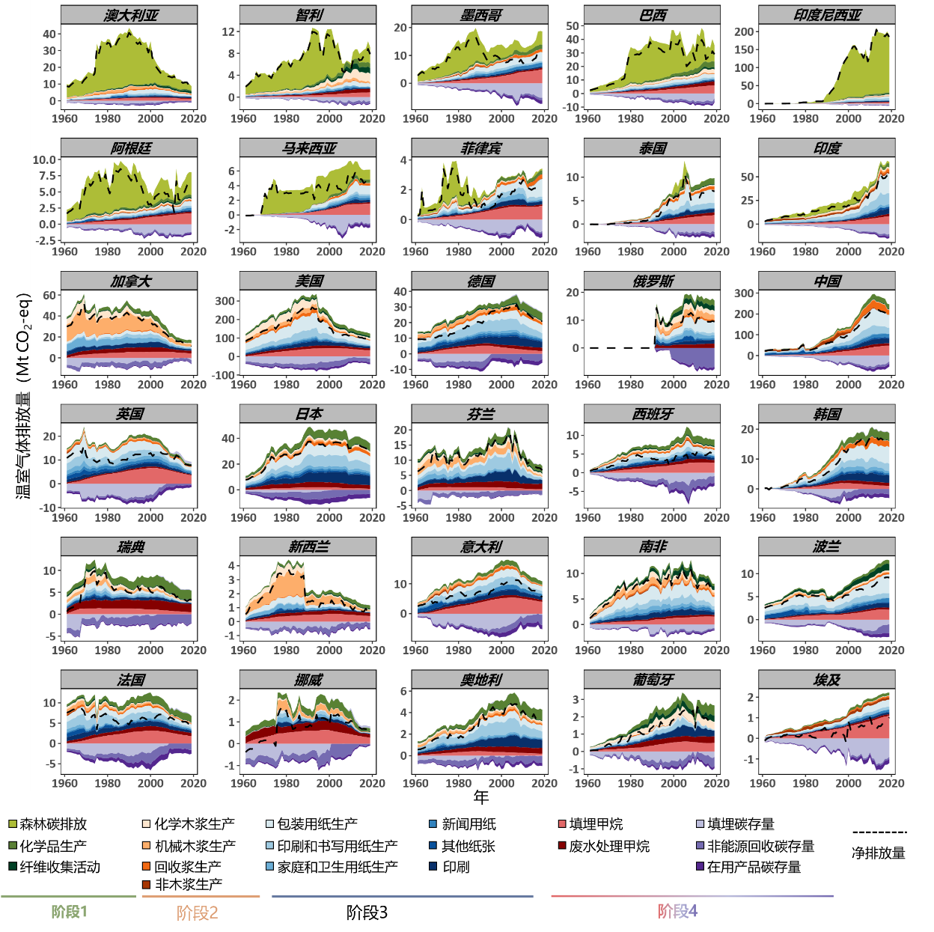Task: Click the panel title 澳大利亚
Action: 130,15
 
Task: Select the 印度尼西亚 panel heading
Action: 827,15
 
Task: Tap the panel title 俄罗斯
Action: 653,281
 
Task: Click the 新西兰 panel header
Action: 308,546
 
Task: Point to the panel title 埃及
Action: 827,680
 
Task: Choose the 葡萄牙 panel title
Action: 653,680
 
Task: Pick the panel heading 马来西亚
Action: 308,148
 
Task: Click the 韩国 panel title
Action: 827,414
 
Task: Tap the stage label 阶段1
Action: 69,912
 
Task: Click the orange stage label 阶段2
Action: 198,913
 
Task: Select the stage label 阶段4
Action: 677,911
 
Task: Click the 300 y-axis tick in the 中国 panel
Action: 744,293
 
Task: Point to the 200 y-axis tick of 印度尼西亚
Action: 744,31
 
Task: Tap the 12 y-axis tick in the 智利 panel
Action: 228,31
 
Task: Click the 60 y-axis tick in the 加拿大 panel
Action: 49,295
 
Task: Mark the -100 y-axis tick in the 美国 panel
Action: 225,374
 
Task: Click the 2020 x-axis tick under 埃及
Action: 891,783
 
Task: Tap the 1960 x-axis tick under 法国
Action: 64,783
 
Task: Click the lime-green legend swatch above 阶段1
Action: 13,823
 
